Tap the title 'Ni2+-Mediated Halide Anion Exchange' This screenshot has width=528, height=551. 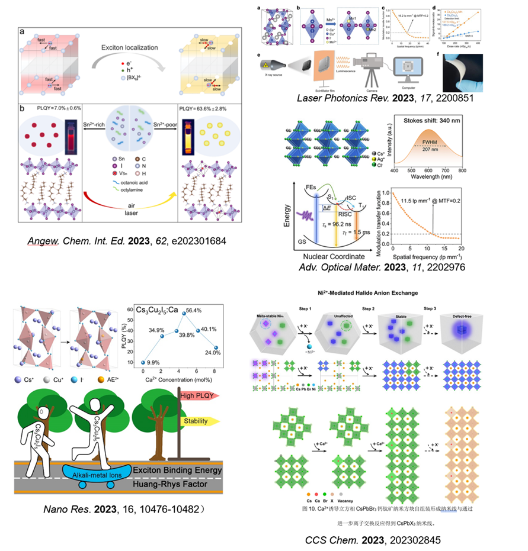pyautogui.click(x=377, y=293)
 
